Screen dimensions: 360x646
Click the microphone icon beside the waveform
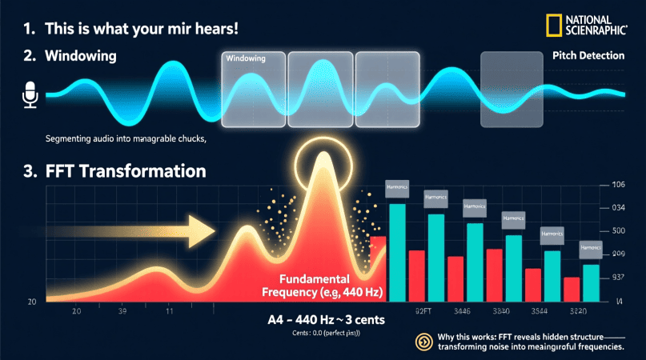point(30,95)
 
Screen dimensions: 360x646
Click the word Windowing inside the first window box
point(246,58)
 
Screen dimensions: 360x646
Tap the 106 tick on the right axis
point(617,186)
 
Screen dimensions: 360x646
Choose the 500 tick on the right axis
point(617,231)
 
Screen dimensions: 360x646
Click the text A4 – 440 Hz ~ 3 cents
point(326,320)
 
